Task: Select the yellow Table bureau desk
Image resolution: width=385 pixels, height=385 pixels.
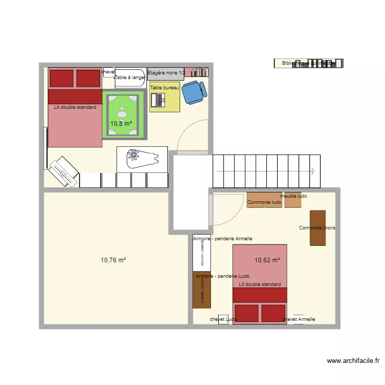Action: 165,98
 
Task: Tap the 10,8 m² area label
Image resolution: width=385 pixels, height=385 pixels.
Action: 121,123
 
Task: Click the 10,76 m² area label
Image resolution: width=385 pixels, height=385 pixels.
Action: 113,260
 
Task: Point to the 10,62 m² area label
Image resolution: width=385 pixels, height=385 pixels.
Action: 267,260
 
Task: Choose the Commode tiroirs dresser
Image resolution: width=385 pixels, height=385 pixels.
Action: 318,227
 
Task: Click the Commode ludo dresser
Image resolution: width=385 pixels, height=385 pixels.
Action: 264,200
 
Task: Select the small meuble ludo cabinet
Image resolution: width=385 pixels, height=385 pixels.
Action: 293,200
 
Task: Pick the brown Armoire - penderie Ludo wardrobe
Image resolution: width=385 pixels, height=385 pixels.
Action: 201,290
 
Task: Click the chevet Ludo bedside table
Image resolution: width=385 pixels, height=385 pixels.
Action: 223,319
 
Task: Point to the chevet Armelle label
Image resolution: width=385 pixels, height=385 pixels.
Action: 299,319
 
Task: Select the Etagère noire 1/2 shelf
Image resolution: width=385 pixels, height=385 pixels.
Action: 166,73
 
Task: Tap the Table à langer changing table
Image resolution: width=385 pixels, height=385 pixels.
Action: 130,77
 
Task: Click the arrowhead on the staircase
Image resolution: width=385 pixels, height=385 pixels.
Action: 312,171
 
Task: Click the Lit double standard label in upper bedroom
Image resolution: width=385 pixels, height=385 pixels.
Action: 75,108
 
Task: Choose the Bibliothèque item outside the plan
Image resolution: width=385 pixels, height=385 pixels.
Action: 309,63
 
